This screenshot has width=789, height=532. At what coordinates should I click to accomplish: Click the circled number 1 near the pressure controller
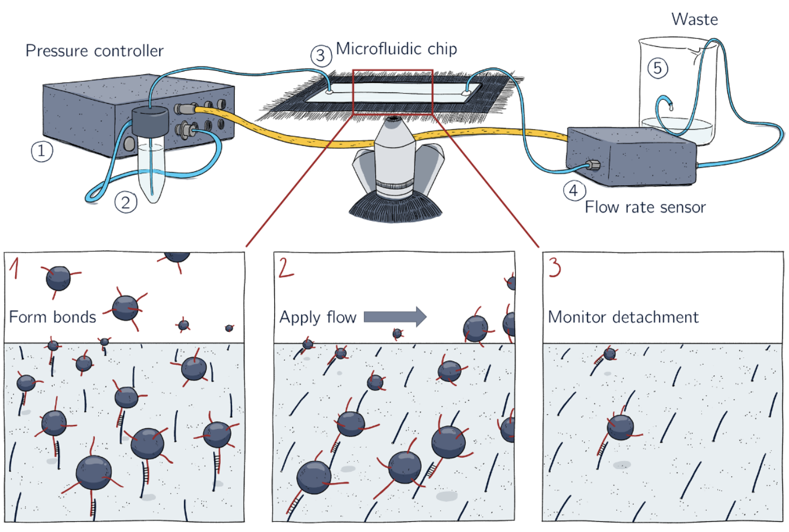click(41, 151)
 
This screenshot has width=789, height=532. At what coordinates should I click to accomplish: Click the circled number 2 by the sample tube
click(125, 202)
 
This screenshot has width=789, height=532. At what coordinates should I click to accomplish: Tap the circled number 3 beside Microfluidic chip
click(321, 56)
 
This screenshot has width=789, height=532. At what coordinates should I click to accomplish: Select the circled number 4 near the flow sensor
click(573, 190)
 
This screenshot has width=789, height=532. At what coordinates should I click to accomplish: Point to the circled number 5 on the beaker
click(657, 68)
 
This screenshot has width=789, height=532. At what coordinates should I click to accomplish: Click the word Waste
click(694, 20)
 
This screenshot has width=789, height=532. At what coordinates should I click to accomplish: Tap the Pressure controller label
click(94, 51)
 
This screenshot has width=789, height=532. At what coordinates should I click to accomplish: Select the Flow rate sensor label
click(645, 207)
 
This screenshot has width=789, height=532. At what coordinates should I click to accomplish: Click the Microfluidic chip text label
click(396, 49)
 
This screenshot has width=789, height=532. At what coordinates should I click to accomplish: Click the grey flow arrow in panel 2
click(394, 317)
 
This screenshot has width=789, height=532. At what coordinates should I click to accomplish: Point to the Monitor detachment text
click(623, 317)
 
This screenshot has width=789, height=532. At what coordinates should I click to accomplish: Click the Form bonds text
click(52, 317)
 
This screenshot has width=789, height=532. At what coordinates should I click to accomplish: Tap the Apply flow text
click(318, 318)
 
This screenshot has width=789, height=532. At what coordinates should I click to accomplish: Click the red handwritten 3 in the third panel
click(555, 267)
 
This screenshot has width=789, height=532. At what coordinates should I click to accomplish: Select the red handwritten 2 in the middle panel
click(286, 267)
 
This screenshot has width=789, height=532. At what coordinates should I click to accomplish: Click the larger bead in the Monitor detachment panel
click(620, 427)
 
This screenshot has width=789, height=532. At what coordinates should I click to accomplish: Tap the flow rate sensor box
click(631, 157)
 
